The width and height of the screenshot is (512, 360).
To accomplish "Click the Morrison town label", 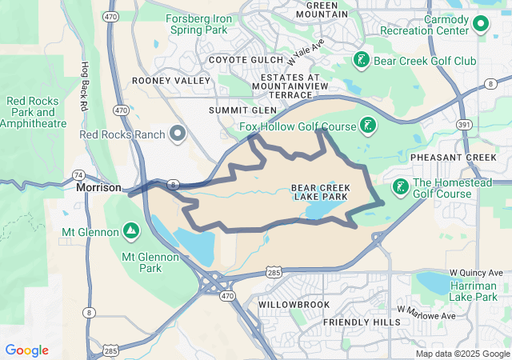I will pos(98,187).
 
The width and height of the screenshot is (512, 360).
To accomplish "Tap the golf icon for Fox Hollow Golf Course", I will pos(368,125).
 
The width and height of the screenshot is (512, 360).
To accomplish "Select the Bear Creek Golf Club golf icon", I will pos(362,60).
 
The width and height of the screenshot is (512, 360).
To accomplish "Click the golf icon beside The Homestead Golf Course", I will pos(398,187).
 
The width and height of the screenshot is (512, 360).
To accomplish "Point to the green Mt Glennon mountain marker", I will pos(131,231).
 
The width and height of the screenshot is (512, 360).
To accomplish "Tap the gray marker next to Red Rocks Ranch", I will pos(177,133).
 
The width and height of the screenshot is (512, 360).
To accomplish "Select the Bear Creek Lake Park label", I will pos(319,192).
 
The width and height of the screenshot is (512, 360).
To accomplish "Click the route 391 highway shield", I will pos(463,125).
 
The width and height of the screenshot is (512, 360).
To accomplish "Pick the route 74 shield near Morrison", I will pos(78,174).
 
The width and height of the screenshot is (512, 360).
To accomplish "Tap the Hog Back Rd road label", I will pos(83,85).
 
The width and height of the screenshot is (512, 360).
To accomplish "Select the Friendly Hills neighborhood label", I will pos(362,322).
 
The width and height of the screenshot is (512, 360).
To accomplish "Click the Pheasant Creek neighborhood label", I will pos(454,158).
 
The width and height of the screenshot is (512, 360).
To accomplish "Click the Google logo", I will pos(26,350).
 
